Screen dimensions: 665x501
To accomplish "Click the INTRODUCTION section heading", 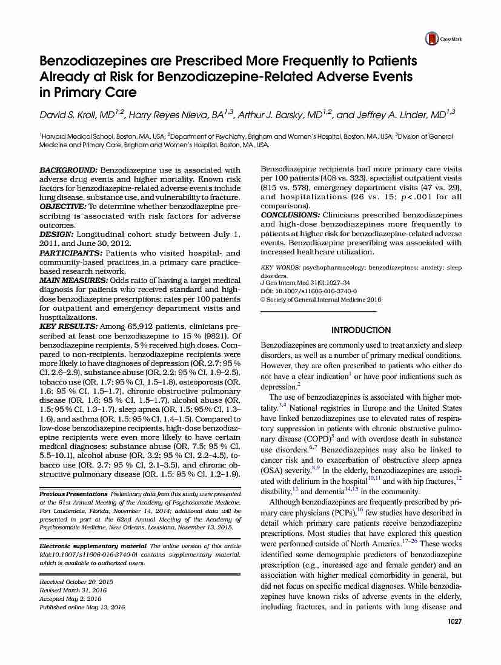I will pos(360,330).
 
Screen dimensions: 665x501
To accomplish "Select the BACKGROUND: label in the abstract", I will pos(68,170).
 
